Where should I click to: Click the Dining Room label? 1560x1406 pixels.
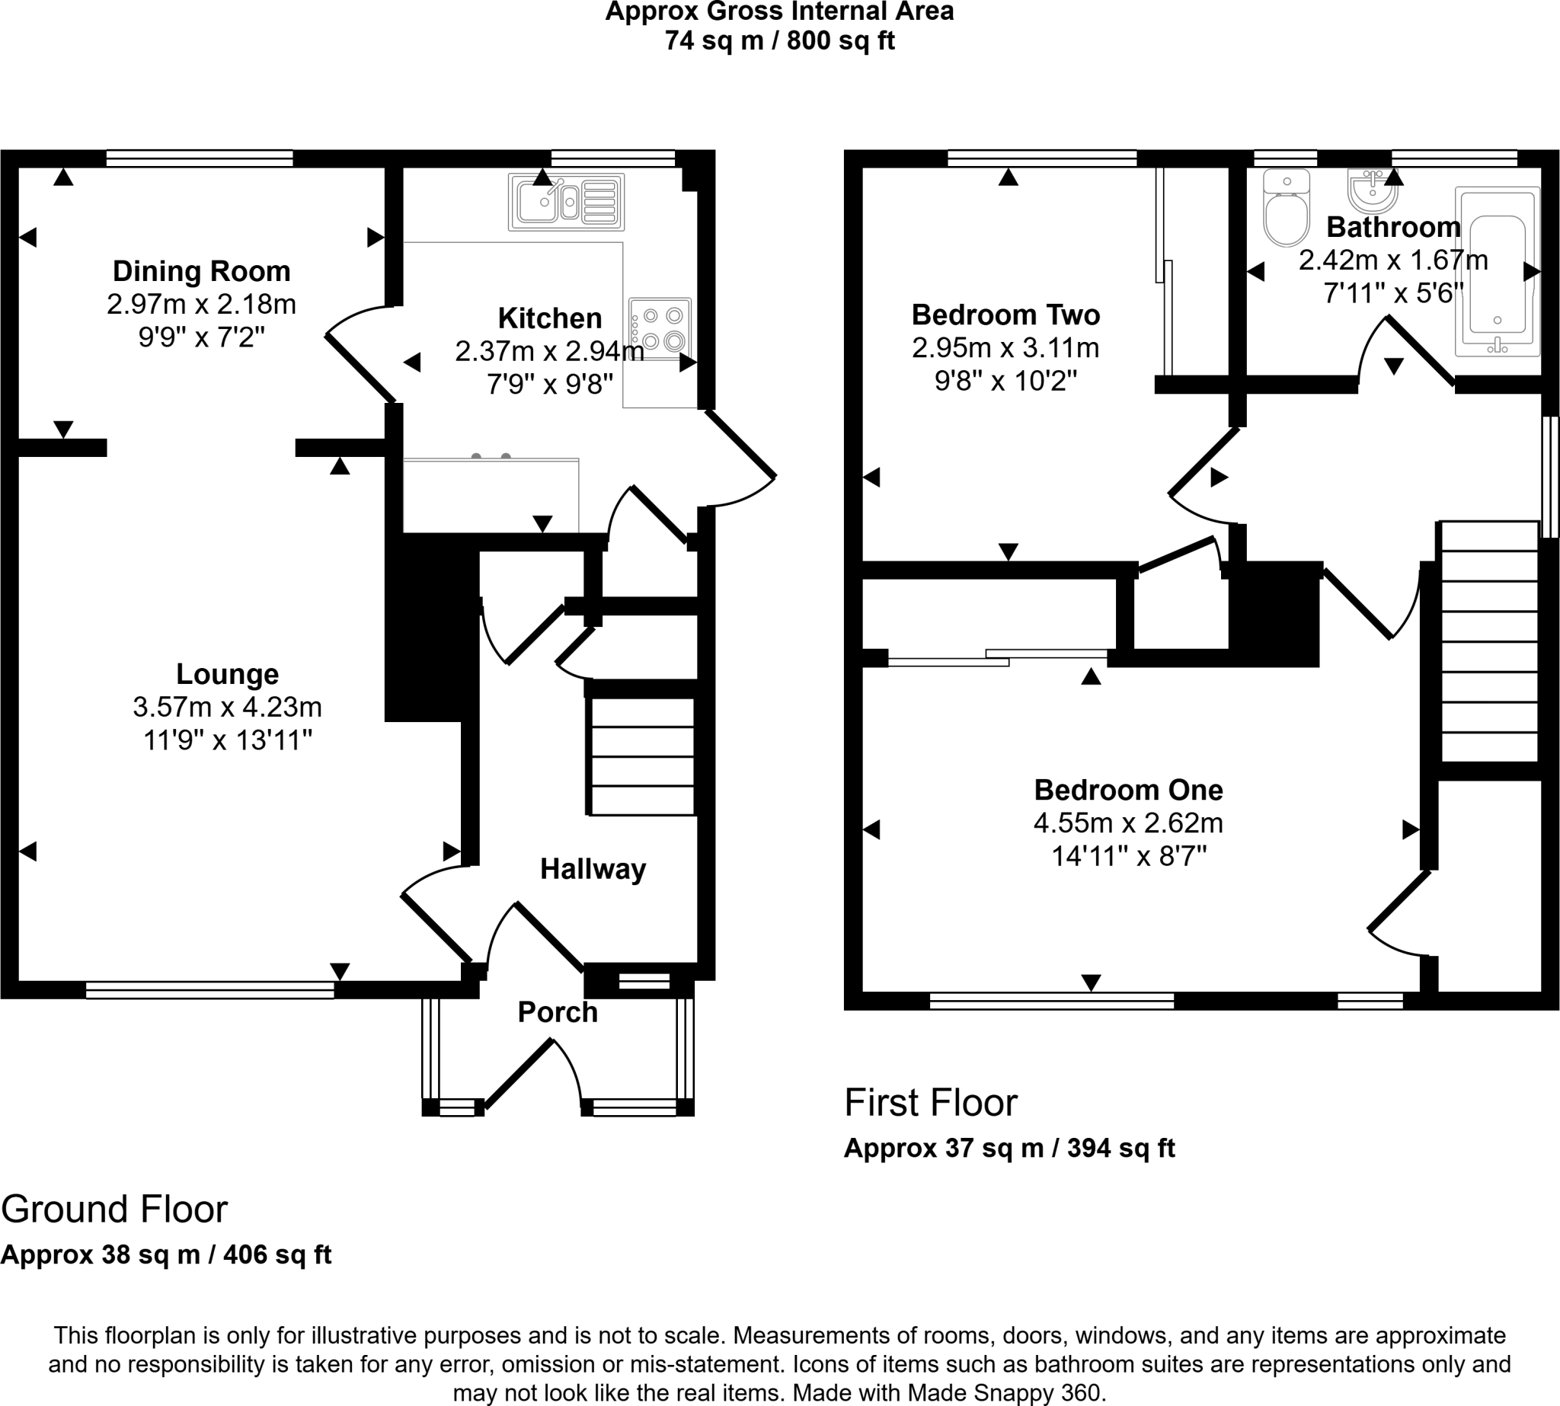coord(202,271)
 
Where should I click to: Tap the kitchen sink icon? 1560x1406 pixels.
coord(566,202)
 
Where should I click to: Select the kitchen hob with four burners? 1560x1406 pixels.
coord(659,328)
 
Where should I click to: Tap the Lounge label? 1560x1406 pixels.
coord(227,674)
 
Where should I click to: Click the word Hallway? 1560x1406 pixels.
coord(593,869)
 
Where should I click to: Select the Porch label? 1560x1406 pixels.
coord(557,1012)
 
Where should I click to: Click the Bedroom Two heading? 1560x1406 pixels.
coord(1005,315)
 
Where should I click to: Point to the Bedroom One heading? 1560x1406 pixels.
coord(1128,790)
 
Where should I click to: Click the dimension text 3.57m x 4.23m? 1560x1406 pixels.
coord(227,707)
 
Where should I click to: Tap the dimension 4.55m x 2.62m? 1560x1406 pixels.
coord(1128,823)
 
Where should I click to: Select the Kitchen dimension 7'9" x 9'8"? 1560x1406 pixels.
coord(549,383)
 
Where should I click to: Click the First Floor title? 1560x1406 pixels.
coord(930,1102)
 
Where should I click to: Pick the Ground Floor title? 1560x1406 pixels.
coord(114,1209)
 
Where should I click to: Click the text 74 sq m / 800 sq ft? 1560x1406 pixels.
coord(779,40)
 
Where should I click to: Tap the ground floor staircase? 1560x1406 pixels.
coord(641,756)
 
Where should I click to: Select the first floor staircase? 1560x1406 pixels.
coord(1488,641)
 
